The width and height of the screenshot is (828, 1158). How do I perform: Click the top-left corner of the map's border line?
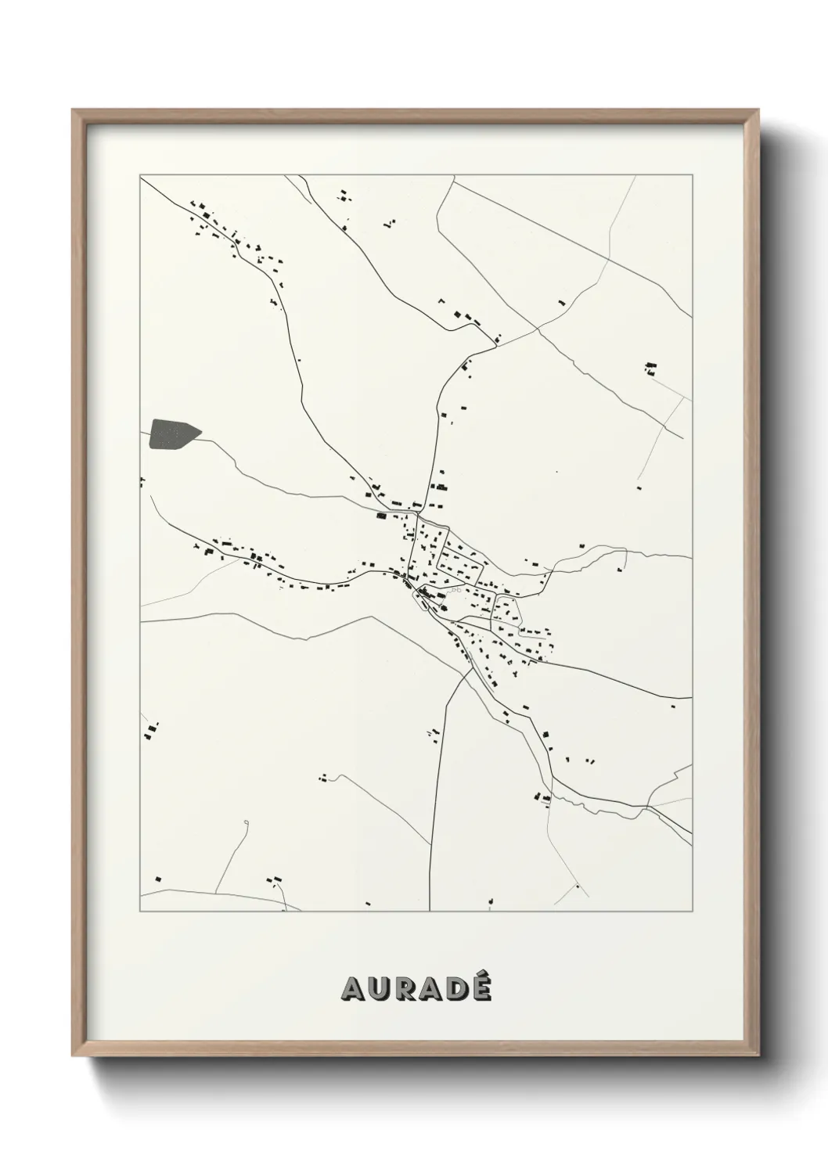140,175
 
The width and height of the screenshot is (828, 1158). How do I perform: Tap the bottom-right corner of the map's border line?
692,912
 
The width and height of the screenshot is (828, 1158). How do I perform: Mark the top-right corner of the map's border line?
692,175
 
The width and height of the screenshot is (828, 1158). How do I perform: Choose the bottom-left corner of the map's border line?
140,912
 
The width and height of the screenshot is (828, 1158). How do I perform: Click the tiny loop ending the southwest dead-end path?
246,822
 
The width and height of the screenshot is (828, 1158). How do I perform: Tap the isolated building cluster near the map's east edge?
650,369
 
